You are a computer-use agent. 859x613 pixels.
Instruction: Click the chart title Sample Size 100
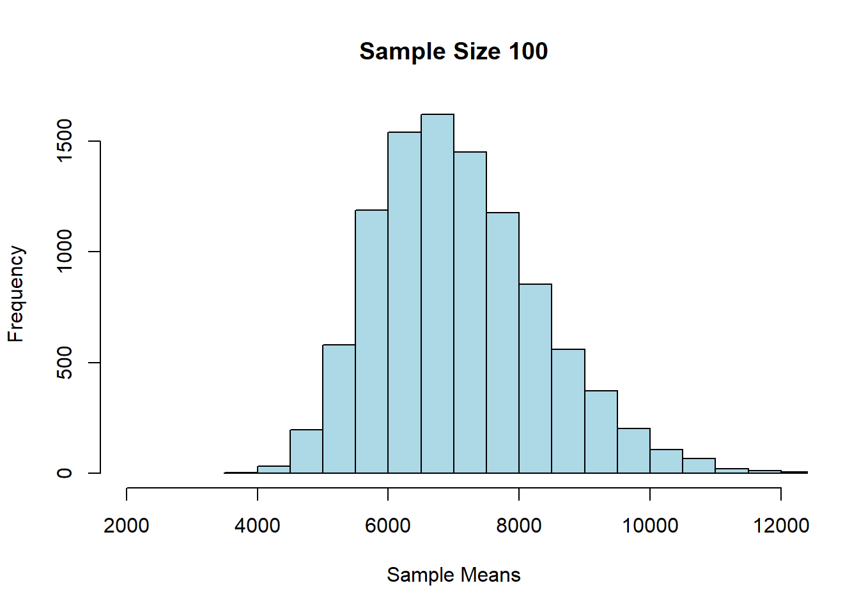pyautogui.click(x=453, y=51)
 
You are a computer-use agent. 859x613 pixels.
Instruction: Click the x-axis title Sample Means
pyautogui.click(x=453, y=575)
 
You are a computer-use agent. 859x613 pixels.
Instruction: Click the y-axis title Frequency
pyautogui.click(x=16, y=294)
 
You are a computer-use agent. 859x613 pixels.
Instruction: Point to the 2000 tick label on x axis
pyautogui.click(x=127, y=526)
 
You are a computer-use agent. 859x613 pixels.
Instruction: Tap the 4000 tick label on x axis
pyautogui.click(x=257, y=526)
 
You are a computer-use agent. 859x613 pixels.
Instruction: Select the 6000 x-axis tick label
pyautogui.click(x=388, y=526)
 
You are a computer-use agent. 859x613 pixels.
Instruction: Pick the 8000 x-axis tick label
pyautogui.click(x=519, y=526)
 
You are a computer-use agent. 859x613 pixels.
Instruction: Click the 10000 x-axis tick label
pyautogui.click(x=650, y=526)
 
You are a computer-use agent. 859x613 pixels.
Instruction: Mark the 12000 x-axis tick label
pyautogui.click(x=781, y=526)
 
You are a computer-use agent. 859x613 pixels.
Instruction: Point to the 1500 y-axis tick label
pyautogui.click(x=65, y=141)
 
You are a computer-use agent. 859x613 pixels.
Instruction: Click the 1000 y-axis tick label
pyautogui.click(x=65, y=252)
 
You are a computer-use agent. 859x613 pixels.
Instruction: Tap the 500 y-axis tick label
pyautogui.click(x=65, y=363)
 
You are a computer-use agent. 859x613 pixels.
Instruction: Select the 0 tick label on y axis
pyautogui.click(x=65, y=473)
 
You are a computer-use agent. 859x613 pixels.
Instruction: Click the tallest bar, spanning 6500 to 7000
pyautogui.click(x=437, y=294)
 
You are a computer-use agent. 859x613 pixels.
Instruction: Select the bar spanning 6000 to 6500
pyautogui.click(x=405, y=303)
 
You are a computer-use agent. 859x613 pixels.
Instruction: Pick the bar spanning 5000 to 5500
pyautogui.click(x=339, y=409)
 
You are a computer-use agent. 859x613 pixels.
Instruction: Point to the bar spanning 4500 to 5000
pyautogui.click(x=306, y=451)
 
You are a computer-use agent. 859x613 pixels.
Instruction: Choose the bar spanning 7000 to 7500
pyautogui.click(x=470, y=313)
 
